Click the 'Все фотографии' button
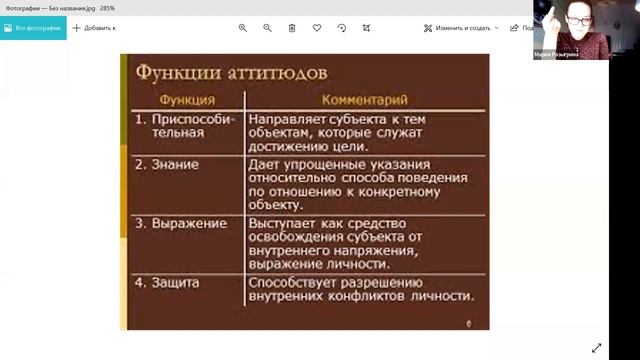[x=33, y=28]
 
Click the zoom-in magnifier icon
[x=243, y=28]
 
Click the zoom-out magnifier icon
[x=268, y=28]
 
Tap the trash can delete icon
[x=292, y=28]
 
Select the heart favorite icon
[x=317, y=28]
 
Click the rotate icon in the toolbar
[x=342, y=28]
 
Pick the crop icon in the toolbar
[x=367, y=28]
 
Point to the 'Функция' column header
[x=186, y=100]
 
